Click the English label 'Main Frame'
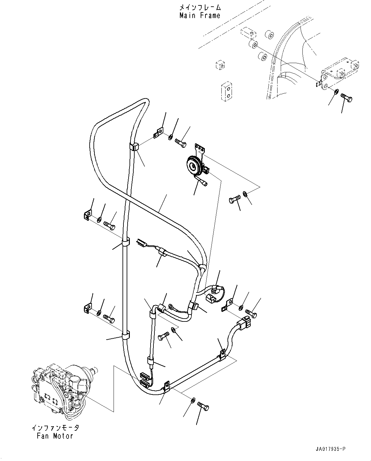tap(200, 15)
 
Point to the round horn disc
tap(193, 166)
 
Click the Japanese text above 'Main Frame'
tap(200, 7)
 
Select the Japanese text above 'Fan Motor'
tap(55, 428)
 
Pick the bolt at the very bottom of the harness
tap(203, 406)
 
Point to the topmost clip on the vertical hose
tap(134, 147)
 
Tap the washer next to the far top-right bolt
tap(337, 93)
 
